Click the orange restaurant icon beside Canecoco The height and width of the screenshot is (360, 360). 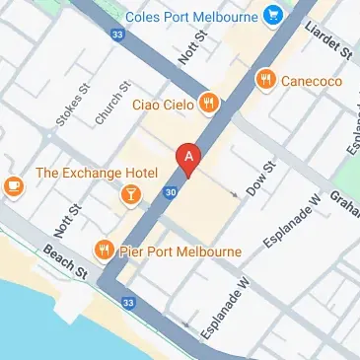coord(264,79)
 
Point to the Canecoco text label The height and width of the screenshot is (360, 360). coord(310,79)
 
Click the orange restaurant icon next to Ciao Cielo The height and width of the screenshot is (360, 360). coord(208,102)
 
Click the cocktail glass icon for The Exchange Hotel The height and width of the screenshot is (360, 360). coord(129,196)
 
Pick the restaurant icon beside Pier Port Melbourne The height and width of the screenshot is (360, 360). coord(102,250)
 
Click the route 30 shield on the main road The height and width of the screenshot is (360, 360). coord(172,191)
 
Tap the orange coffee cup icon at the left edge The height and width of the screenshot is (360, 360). coord(12,185)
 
